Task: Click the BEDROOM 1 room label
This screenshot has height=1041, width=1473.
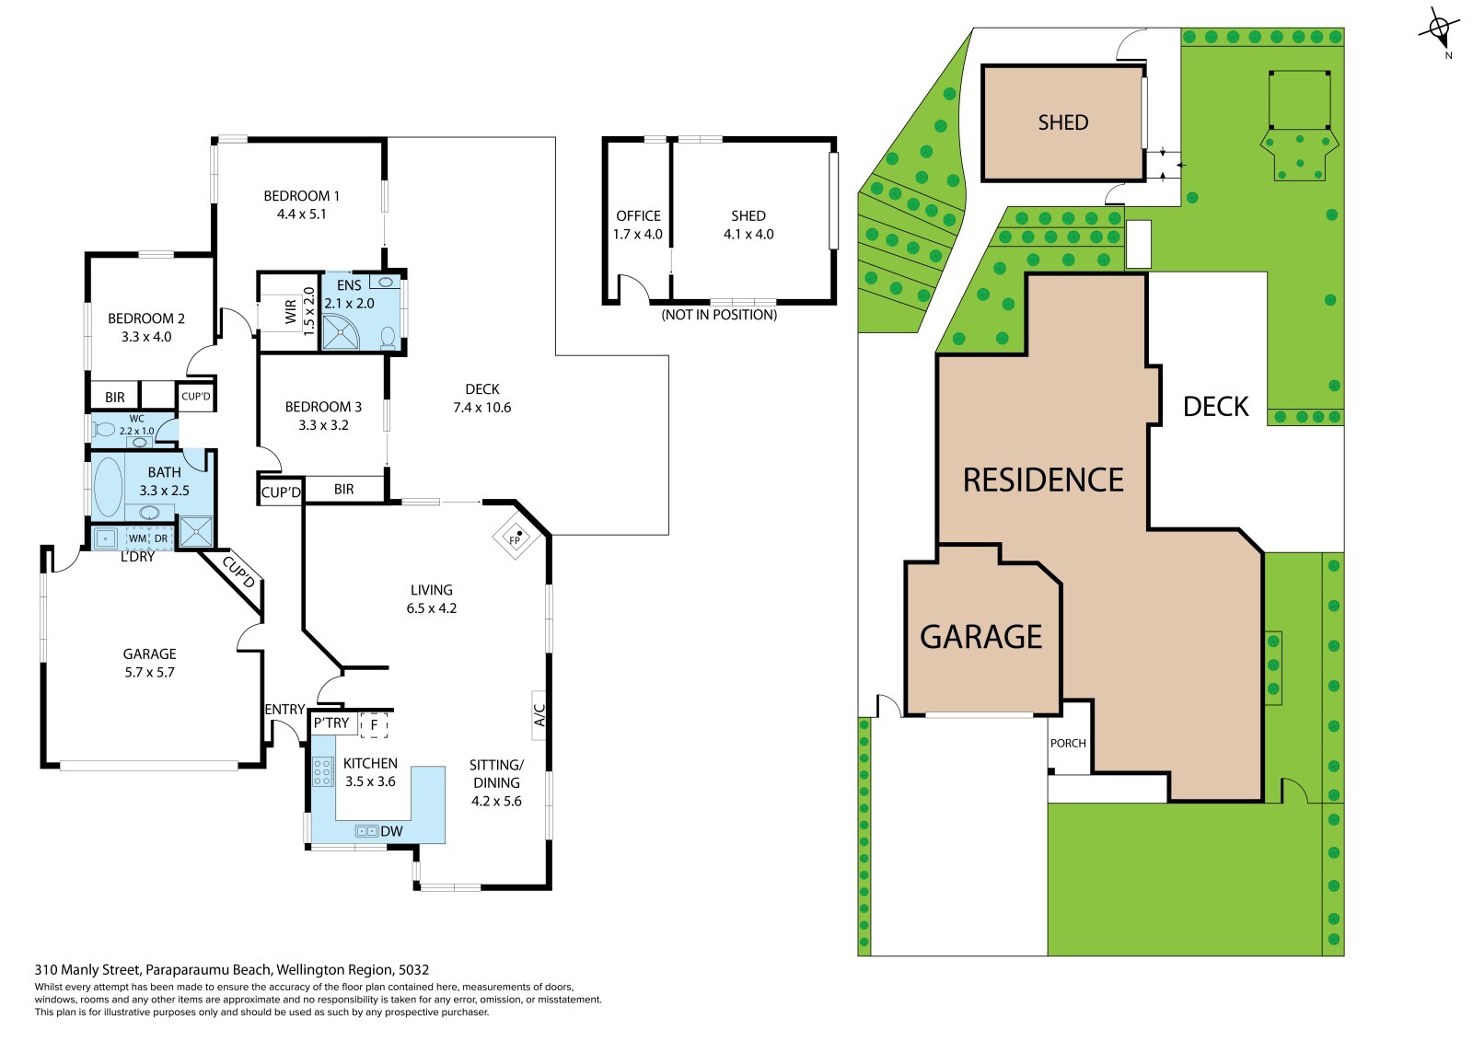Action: [301, 196]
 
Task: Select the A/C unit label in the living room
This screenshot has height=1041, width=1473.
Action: [539, 715]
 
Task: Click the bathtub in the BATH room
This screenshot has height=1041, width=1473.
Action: [109, 487]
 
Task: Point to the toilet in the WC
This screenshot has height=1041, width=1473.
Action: [103, 430]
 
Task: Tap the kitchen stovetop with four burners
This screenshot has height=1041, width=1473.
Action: [322, 771]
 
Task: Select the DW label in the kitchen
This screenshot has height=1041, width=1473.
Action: [391, 831]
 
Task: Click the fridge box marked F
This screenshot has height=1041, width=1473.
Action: [374, 725]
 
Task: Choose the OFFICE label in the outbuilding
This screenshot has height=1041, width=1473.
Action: [638, 215]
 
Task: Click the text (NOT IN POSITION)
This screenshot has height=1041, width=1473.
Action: [719, 315]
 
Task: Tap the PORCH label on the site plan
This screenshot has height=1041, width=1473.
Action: [1068, 743]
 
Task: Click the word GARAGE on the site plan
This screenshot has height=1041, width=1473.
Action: [981, 637]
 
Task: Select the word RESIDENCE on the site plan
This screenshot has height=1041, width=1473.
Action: [1043, 480]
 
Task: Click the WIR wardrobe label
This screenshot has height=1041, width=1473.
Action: [291, 312]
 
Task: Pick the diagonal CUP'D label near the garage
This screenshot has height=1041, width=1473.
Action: [239, 573]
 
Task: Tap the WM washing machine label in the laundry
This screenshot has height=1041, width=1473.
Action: [137, 538]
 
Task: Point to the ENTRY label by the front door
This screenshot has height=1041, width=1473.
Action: [284, 710]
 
